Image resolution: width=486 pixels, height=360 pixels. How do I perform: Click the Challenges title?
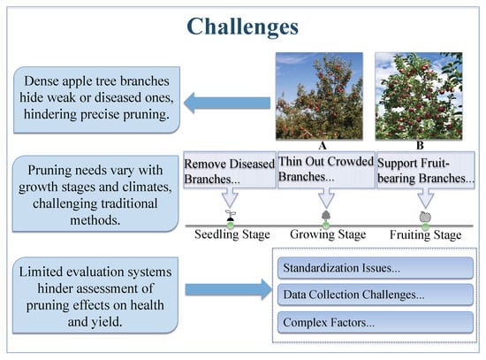coord(242,27)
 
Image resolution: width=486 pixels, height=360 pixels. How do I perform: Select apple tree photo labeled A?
coord(319,96)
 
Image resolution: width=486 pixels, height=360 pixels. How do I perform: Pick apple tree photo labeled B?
coord(419,96)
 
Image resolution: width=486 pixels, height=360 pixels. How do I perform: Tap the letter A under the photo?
coord(323,146)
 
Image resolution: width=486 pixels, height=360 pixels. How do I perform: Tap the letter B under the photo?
coord(420,146)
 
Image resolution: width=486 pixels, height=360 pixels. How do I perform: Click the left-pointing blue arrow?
coord(227,103)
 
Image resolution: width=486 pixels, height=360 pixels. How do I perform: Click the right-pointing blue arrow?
coord(229,289)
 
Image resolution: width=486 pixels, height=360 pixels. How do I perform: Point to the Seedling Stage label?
coord(232,234)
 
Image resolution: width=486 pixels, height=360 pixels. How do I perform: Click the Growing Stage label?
coord(328,234)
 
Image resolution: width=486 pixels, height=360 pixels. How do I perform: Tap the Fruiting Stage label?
coord(426,235)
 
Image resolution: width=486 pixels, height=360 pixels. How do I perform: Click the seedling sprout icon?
coord(231,215)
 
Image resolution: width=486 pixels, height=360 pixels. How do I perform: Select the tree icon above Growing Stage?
coord(326,215)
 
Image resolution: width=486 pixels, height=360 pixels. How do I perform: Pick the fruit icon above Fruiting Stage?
coord(425,217)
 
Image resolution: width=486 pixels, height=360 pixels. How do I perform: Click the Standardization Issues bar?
coord(376,268)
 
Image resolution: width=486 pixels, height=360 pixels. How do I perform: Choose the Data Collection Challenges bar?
coord(376,295)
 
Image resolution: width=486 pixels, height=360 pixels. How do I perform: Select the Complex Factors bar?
coord(376,323)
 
